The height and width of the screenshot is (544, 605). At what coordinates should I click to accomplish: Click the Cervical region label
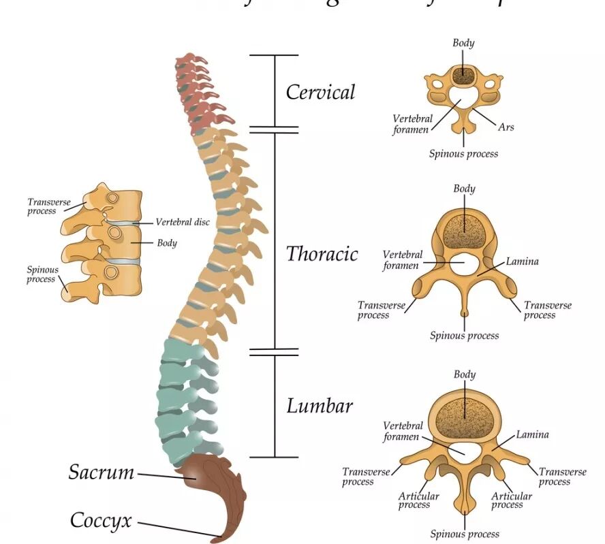coord(320,92)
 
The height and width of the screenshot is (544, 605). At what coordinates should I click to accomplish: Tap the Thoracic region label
coord(322,254)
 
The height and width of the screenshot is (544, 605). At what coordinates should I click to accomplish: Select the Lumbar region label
coord(320,406)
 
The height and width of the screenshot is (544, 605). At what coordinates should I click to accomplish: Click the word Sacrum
coord(102,472)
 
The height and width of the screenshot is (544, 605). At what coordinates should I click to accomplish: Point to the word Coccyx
coord(101,521)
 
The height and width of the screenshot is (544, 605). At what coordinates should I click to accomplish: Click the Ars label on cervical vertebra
coord(506,127)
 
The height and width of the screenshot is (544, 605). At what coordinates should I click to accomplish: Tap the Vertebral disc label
coord(183,222)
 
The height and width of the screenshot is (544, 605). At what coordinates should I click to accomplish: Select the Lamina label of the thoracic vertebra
coord(523,261)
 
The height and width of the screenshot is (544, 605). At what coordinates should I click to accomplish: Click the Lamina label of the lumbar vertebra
coord(532,434)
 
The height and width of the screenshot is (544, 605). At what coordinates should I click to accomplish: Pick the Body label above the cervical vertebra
coord(463,43)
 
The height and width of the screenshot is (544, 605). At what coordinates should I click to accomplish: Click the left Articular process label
coord(414,500)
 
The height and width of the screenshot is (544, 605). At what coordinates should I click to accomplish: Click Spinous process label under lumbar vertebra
coord(465,534)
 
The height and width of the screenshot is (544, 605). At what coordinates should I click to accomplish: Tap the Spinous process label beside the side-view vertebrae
coord(42,274)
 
